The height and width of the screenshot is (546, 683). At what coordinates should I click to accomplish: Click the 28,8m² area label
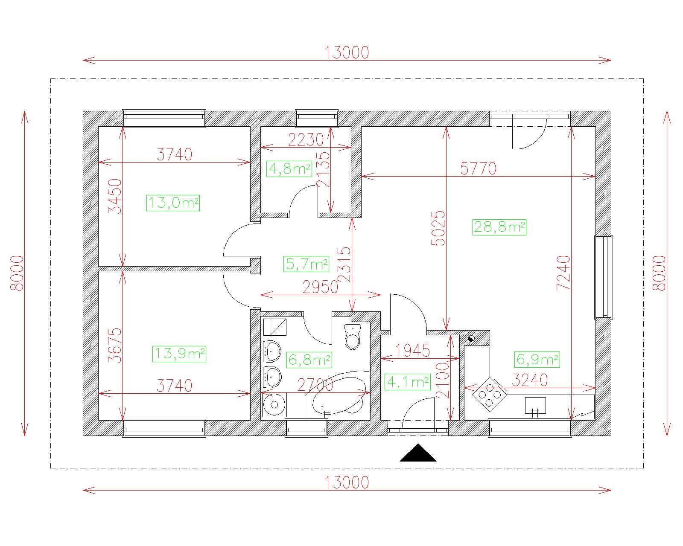(499, 227)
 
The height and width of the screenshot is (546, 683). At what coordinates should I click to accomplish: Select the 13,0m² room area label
(173, 203)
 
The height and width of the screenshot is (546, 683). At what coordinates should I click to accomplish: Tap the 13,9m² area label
(179, 354)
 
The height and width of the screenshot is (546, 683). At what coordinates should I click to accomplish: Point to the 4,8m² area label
(289, 169)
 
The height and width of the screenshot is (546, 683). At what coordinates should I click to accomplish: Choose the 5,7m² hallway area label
(306, 264)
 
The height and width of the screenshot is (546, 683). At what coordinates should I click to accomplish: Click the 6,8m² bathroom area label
(309, 360)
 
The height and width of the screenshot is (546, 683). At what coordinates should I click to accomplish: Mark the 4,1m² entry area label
(408, 382)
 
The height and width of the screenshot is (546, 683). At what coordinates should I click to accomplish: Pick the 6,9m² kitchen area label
(537, 360)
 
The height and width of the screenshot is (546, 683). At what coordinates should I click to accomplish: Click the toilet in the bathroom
(353, 337)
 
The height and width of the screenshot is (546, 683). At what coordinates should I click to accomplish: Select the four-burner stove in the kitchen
(489, 395)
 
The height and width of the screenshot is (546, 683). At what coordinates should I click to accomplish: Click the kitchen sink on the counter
(535, 406)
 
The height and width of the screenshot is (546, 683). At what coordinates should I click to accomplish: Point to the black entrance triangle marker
(418, 453)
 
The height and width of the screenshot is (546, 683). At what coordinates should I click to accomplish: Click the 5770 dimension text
(478, 168)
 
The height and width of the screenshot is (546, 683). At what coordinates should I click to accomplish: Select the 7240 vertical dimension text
(563, 273)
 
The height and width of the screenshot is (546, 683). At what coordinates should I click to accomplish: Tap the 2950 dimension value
(320, 288)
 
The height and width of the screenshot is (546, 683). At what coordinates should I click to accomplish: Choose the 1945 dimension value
(412, 351)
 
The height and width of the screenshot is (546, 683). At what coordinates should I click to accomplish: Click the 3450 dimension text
(115, 196)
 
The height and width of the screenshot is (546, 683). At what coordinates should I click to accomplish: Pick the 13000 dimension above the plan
(347, 52)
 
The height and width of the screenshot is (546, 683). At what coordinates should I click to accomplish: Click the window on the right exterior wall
(604, 277)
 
